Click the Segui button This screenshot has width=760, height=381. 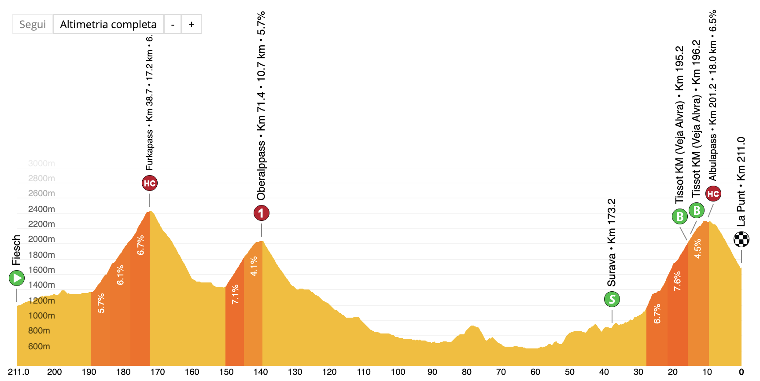click(x=33, y=24)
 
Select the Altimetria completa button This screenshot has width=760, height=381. click(x=108, y=24)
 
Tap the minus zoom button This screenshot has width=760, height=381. click(x=173, y=24)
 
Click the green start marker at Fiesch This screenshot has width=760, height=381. click(x=17, y=278)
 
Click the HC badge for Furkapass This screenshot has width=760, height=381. click(x=150, y=183)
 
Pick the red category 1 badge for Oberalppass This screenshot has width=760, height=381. click(x=261, y=213)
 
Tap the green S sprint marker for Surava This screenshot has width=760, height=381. click(x=612, y=299)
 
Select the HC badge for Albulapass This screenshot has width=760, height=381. click(x=713, y=194)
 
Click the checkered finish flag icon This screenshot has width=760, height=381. click(x=742, y=239)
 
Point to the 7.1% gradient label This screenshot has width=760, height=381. click(x=235, y=294)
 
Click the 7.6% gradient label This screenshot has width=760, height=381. click(x=677, y=281)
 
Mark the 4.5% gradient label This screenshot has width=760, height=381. click(x=698, y=249)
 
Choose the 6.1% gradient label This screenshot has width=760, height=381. click(x=120, y=275)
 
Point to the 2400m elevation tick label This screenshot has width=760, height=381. click(x=41, y=209)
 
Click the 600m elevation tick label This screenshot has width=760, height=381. click(x=39, y=346)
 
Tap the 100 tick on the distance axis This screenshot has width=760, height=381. click(x=398, y=372)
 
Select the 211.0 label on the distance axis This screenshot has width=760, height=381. click(x=18, y=372)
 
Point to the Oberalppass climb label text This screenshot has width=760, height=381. click(x=261, y=106)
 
